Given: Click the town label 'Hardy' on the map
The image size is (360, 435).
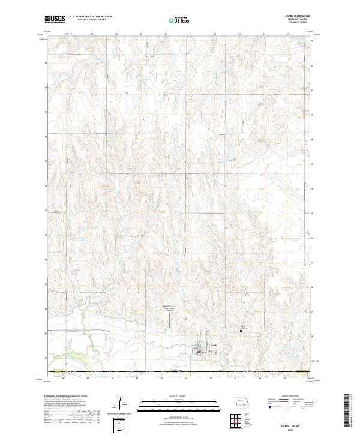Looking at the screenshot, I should click(x=214, y=346).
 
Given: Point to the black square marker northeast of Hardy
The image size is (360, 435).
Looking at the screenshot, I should click(x=241, y=330).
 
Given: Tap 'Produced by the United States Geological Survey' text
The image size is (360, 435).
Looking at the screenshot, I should click(x=67, y=397).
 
